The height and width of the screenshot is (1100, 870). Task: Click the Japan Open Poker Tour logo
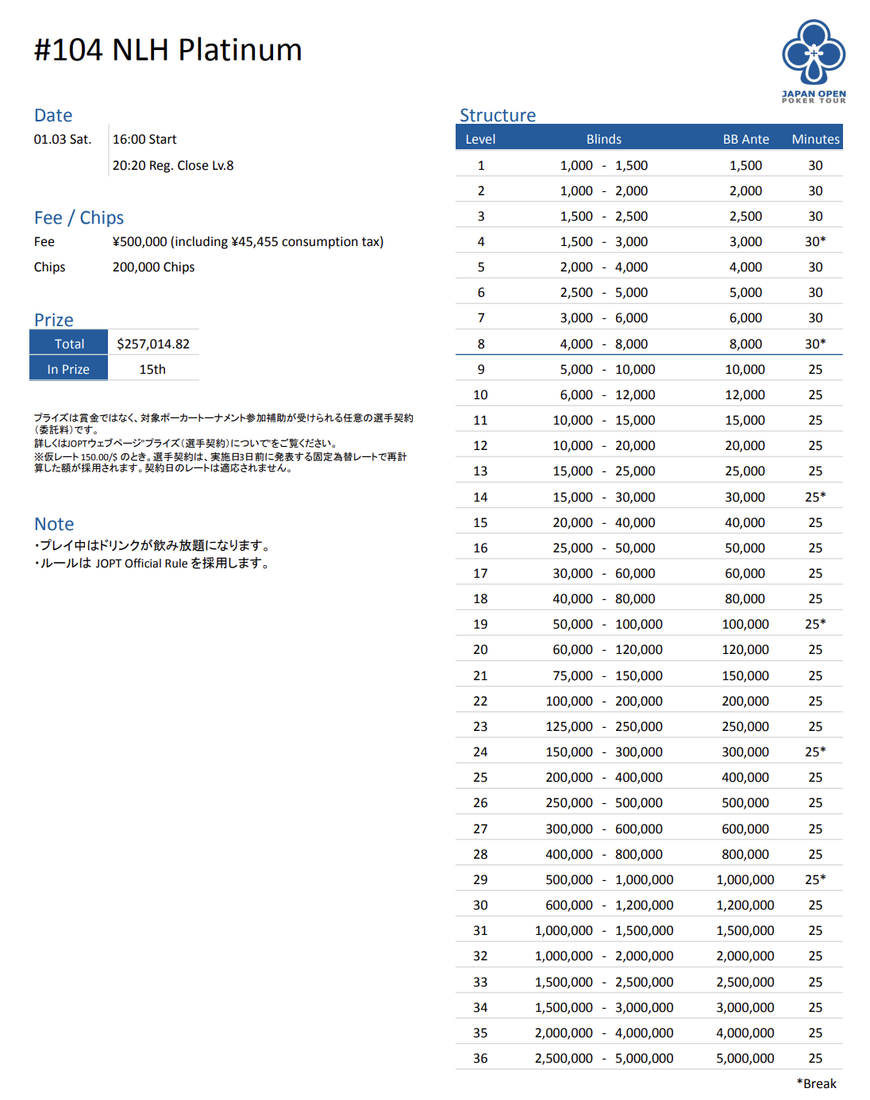click(x=814, y=61)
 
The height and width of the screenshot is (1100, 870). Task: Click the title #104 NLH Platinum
click(x=167, y=50)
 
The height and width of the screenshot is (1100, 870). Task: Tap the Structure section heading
click(x=498, y=115)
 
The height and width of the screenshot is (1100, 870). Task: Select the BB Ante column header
click(x=745, y=139)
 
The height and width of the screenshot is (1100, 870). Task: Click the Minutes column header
click(x=815, y=139)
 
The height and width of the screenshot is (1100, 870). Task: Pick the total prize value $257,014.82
click(x=153, y=344)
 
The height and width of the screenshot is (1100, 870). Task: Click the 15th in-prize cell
click(x=152, y=369)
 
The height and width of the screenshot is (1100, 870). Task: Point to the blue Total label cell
click(x=69, y=344)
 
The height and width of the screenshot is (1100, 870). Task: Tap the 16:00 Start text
click(x=144, y=139)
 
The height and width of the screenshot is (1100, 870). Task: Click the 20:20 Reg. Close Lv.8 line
click(x=173, y=165)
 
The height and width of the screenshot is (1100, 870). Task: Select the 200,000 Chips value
click(x=153, y=267)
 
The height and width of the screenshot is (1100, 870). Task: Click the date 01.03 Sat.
click(x=63, y=139)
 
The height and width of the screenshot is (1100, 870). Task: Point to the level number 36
click(x=480, y=1058)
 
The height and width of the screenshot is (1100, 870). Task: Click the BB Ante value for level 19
click(x=745, y=624)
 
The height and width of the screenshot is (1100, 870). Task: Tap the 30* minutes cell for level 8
click(x=815, y=344)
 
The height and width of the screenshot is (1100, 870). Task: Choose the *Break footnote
click(x=816, y=1083)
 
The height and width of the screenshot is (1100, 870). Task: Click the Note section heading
click(x=54, y=524)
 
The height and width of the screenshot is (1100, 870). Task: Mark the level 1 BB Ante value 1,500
click(x=745, y=165)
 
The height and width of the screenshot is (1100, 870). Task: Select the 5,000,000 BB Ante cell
click(x=745, y=1058)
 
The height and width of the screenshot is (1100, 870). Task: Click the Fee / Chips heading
click(x=79, y=217)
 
